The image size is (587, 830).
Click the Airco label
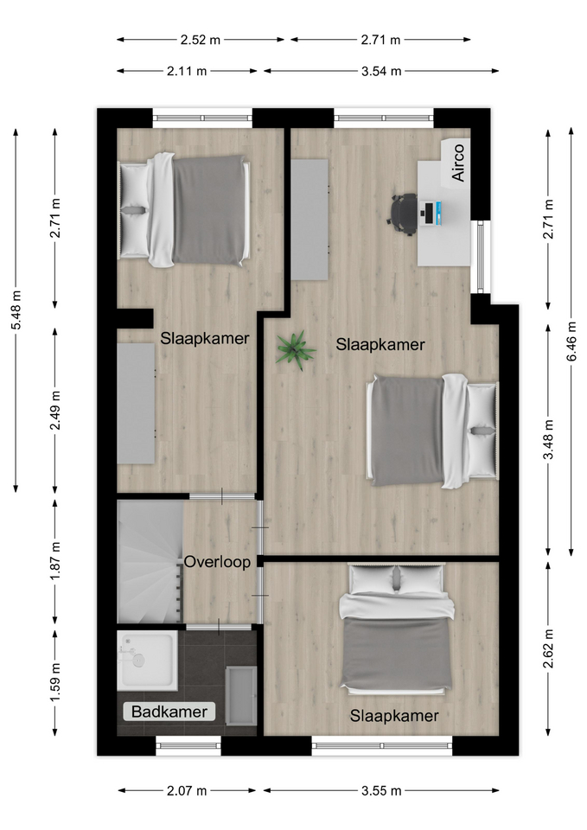tap(458, 163)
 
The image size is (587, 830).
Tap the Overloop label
tap(217, 562)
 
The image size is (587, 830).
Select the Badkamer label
tap(169, 712)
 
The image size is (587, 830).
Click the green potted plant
tap(296, 350)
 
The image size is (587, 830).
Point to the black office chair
tap(404, 214)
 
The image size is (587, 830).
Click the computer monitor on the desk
tap(431, 214)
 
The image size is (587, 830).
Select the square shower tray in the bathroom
tap(147, 660)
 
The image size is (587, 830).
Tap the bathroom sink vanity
tap(241, 695)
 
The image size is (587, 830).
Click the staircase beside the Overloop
tap(150, 562)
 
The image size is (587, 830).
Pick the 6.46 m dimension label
tap(571, 342)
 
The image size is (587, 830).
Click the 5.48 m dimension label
tap(16, 310)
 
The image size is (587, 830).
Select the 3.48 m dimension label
tap(549, 439)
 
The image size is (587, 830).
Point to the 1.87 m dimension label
tap(55, 560)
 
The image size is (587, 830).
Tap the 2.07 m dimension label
tap(187, 791)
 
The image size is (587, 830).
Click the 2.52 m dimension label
tap(200, 39)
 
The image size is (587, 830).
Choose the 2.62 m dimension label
tap(549, 648)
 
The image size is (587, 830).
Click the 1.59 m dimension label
tap(55, 682)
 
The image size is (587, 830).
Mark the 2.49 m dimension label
tap(55, 410)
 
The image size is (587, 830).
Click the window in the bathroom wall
tap(188, 745)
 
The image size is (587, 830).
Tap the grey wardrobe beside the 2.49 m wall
tap(136, 404)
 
